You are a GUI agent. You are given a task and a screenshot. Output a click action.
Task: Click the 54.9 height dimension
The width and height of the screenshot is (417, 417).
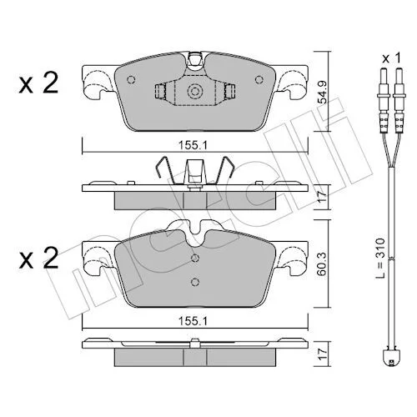pyautogui.click(x=323, y=93)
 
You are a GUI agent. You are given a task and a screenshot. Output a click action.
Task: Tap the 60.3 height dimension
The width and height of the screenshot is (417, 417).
pyautogui.click(x=323, y=264)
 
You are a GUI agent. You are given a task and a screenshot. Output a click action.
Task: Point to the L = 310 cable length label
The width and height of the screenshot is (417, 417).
pyautogui.click(x=380, y=258)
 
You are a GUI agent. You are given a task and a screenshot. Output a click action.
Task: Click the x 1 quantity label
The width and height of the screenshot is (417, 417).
pyautogui.click(x=392, y=58)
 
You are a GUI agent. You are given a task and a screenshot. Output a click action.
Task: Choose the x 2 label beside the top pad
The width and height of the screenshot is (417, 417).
pyautogui.click(x=38, y=83)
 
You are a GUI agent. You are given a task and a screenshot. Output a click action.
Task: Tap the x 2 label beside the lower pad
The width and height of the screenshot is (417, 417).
pyautogui.click(x=38, y=258)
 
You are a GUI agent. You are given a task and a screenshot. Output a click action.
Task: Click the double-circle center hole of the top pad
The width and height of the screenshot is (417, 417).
pyautogui.click(x=195, y=91)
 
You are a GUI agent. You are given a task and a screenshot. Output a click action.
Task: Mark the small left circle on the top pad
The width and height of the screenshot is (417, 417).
pyautogui.click(x=131, y=80)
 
